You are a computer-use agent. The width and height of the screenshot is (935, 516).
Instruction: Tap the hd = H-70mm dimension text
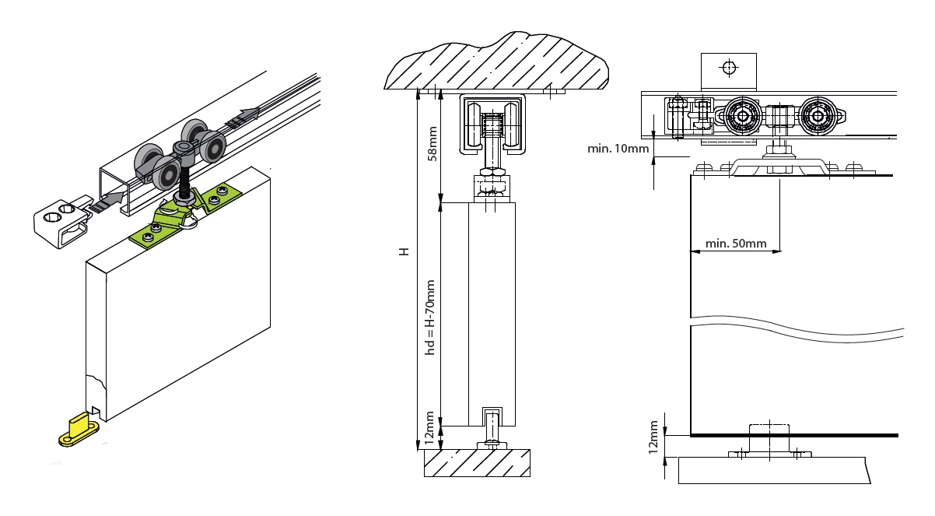(x=430, y=318)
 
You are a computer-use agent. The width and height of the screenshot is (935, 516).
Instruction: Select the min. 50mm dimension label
(x=735, y=244)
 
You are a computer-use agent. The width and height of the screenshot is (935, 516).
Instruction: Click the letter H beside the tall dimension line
(x=403, y=254)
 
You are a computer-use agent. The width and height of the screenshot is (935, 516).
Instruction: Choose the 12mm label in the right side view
(x=654, y=437)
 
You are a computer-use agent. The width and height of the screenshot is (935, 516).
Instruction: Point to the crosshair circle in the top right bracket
(x=728, y=68)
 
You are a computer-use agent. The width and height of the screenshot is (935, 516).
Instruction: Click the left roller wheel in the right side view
(x=744, y=117)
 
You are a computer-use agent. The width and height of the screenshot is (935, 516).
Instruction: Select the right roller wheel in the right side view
(x=818, y=117)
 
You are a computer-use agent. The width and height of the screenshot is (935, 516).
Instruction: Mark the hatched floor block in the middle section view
(x=477, y=462)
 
